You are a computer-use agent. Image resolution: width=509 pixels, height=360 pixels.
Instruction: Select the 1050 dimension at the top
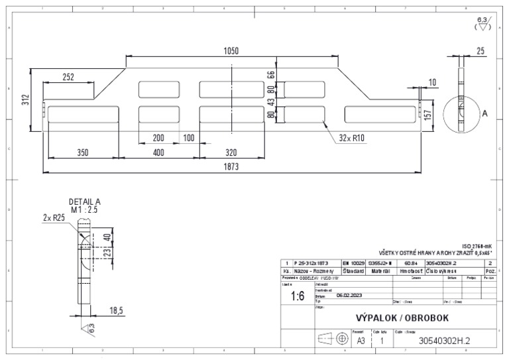click(x=231, y=51)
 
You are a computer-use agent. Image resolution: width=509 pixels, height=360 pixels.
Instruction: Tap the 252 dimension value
click(x=69, y=77)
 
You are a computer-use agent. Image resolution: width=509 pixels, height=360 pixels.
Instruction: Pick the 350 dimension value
click(x=82, y=152)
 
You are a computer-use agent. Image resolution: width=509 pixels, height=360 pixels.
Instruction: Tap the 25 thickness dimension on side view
click(x=480, y=51)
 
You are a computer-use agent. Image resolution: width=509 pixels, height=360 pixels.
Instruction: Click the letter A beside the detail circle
click(x=484, y=114)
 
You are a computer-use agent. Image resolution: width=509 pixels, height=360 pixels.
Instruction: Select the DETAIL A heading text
click(x=85, y=202)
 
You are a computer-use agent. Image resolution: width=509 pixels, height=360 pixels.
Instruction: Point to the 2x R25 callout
click(x=52, y=217)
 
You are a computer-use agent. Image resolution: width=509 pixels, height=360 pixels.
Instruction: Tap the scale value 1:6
click(x=298, y=297)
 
